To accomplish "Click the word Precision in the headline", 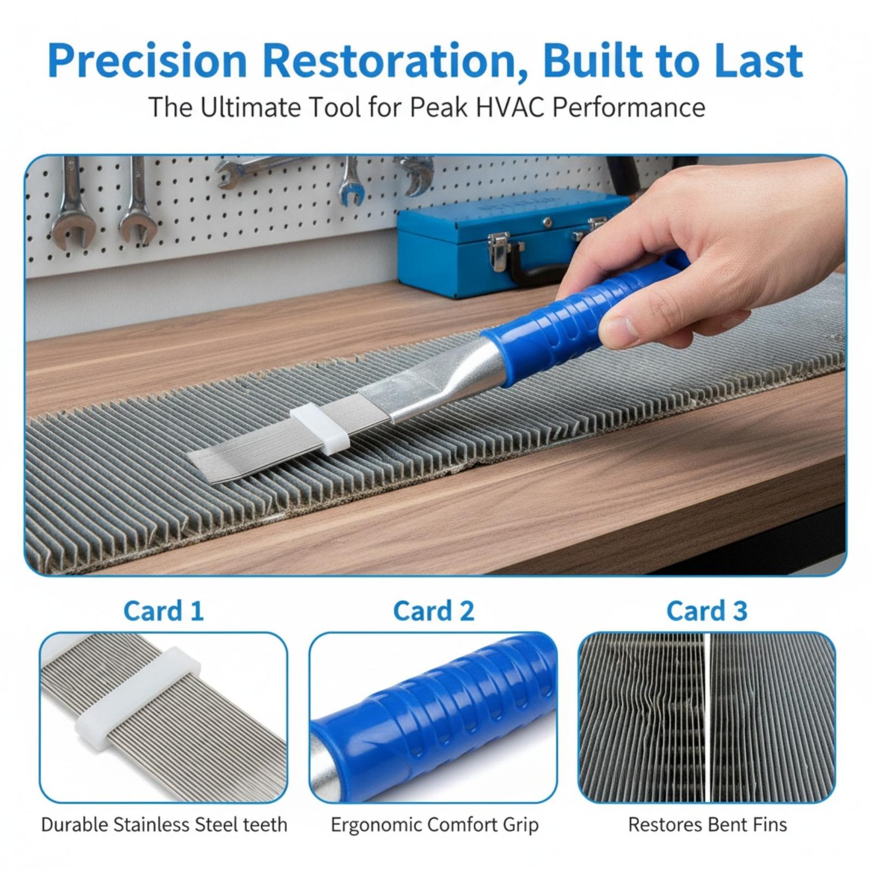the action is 147,61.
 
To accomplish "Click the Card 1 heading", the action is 163,611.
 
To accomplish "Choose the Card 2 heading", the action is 433,611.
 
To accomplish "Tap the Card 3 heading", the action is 707,611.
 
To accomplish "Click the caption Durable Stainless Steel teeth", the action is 164,825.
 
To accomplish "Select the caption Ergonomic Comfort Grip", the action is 434,825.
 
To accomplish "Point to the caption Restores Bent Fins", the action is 707,825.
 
